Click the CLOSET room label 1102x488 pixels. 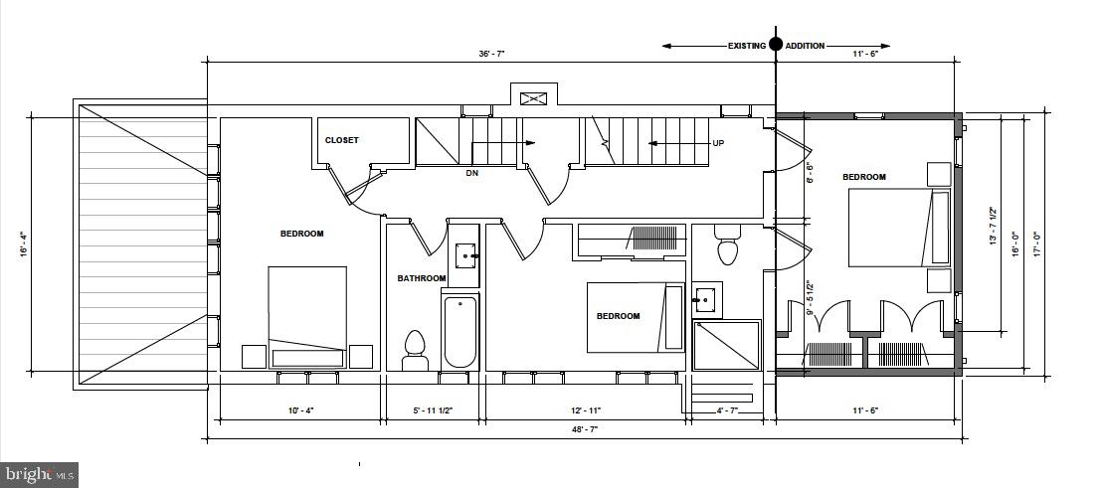point(341,140)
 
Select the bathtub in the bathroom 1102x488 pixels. point(459,330)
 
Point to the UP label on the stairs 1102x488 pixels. point(717,143)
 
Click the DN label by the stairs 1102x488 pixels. point(472,172)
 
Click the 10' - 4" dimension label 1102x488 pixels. point(300,409)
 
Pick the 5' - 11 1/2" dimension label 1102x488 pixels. point(434,409)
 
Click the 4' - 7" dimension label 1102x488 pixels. point(727,409)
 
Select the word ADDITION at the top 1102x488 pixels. point(805,46)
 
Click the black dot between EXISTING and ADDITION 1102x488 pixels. point(776,45)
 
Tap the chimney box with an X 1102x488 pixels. point(533,97)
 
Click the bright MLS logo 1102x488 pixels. point(39,474)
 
